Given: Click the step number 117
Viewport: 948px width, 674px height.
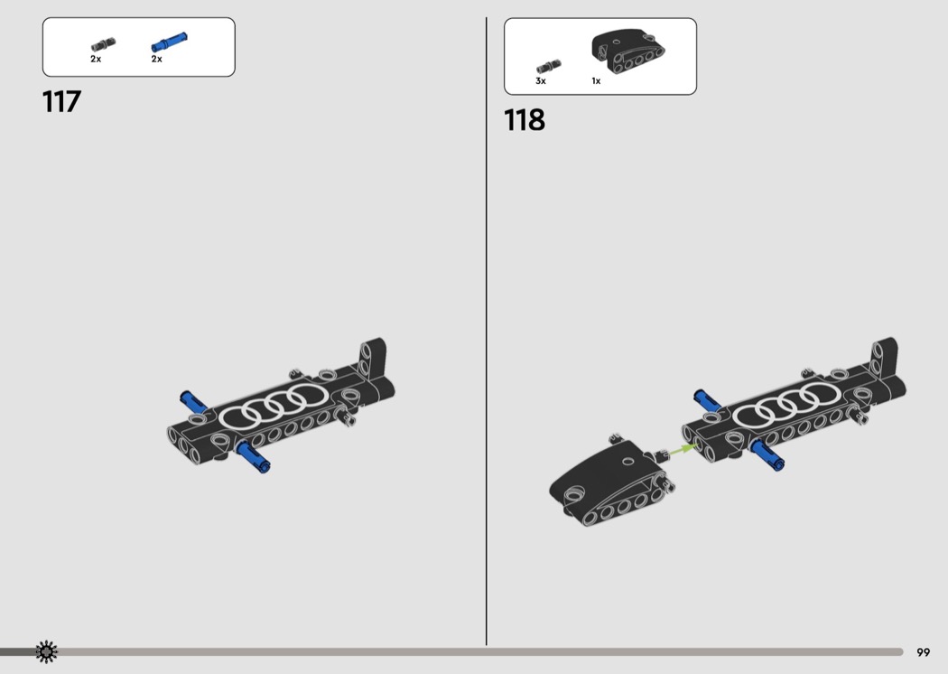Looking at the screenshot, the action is (x=61, y=102).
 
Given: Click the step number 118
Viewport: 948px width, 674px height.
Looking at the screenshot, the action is (x=525, y=120).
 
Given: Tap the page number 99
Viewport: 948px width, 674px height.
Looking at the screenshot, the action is (x=924, y=652).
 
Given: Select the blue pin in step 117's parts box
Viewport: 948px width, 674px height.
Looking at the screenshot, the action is (x=169, y=42).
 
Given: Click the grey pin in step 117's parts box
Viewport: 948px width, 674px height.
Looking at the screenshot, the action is (x=103, y=45).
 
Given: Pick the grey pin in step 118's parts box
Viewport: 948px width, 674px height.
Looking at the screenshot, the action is (x=548, y=66).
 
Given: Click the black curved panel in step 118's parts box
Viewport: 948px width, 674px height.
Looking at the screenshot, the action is (x=627, y=51).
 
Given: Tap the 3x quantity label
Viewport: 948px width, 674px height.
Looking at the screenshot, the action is (x=541, y=81).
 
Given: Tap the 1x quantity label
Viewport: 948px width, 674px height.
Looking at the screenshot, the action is (x=596, y=81).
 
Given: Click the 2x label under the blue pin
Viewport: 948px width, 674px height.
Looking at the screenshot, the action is (x=156, y=60).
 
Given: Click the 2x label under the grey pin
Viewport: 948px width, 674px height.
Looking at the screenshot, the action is (x=96, y=60).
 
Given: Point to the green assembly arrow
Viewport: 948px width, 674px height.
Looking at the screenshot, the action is (x=682, y=450).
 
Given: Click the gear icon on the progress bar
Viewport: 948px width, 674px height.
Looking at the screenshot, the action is (x=46, y=651).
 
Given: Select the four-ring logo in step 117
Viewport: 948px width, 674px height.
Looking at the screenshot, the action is (x=274, y=406).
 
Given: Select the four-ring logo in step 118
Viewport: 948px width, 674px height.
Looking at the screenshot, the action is (x=786, y=405).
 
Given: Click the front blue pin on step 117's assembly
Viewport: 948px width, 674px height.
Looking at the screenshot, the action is (x=253, y=456).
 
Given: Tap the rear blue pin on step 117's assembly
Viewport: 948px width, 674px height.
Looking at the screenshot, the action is (x=193, y=401).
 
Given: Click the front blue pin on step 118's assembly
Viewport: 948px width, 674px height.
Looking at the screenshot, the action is (x=767, y=454).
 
